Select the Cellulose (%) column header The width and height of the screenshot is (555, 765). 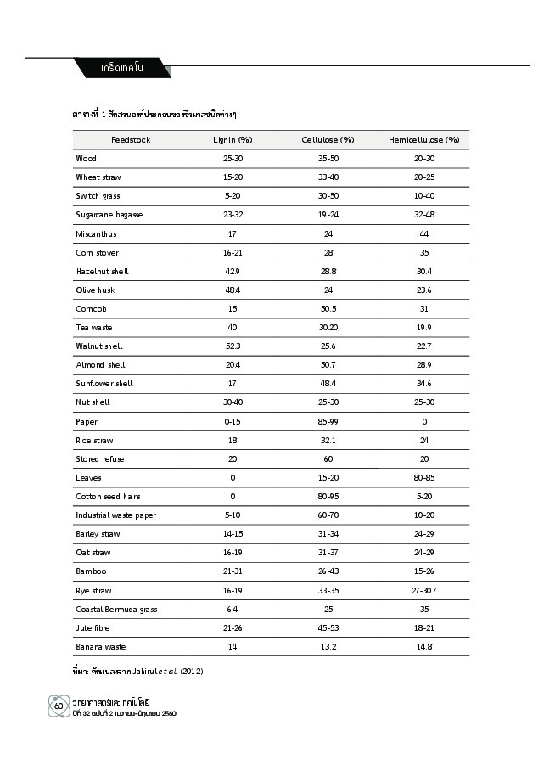328,140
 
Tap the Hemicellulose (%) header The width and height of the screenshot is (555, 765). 423,140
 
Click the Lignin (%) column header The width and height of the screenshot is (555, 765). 233,140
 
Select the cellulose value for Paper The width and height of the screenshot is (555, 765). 328,422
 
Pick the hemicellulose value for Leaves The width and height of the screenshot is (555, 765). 423,478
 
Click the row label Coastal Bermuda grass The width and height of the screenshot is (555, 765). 116,610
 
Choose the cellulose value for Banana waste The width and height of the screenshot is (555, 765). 328,647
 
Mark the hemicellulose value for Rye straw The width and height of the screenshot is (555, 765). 423,591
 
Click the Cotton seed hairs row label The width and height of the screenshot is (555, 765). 108,497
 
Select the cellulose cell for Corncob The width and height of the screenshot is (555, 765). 328,309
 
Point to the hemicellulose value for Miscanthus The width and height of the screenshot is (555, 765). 423,233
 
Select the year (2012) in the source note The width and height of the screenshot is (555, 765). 191,672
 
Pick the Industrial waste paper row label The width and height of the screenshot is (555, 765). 115,515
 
